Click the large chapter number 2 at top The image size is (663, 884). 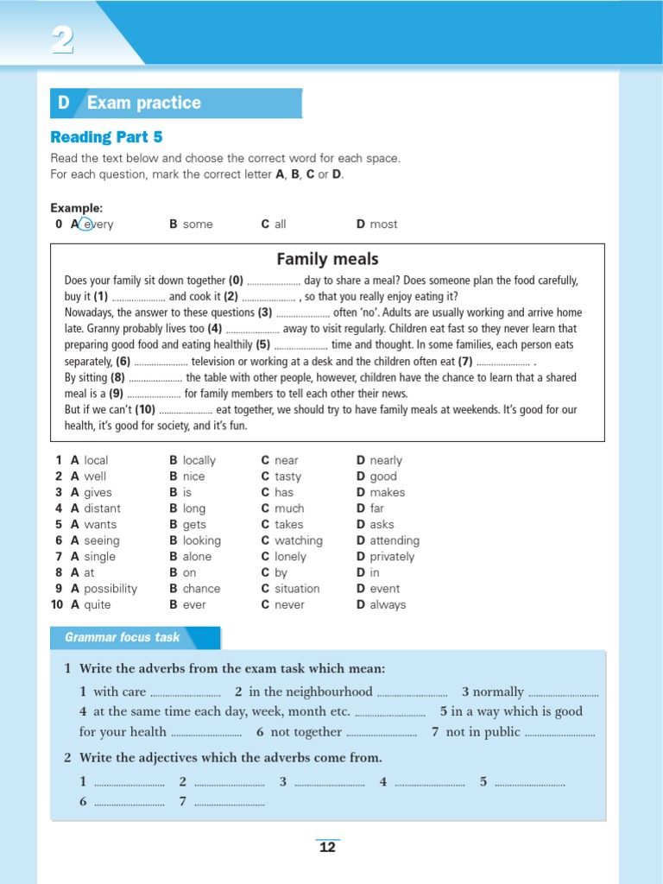pyautogui.click(x=61, y=40)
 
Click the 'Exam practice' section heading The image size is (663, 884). pyautogui.click(x=143, y=103)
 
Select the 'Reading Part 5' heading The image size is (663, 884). pyautogui.click(x=106, y=137)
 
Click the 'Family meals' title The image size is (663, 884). pyautogui.click(x=327, y=259)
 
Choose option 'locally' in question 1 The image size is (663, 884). pyautogui.click(x=199, y=460)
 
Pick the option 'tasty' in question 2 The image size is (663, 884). pyautogui.click(x=287, y=477)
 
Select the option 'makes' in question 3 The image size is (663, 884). pyautogui.click(x=387, y=492)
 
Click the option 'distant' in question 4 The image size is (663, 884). pyautogui.click(x=102, y=508)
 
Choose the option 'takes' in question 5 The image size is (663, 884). pyautogui.click(x=288, y=524)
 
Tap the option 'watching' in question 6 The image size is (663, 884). pyautogui.click(x=298, y=540)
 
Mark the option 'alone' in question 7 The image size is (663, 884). pyautogui.click(x=197, y=557)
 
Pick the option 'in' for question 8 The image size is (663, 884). pyautogui.click(x=374, y=572)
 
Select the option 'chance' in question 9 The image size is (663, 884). pyautogui.click(x=201, y=589)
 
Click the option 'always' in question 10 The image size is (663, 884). pyautogui.click(x=387, y=605)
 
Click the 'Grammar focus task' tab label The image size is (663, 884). pyautogui.click(x=123, y=637)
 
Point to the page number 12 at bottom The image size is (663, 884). pyautogui.click(x=327, y=847)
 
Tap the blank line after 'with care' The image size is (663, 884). pyautogui.click(x=185, y=693)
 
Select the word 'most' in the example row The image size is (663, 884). pyautogui.click(x=383, y=224)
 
